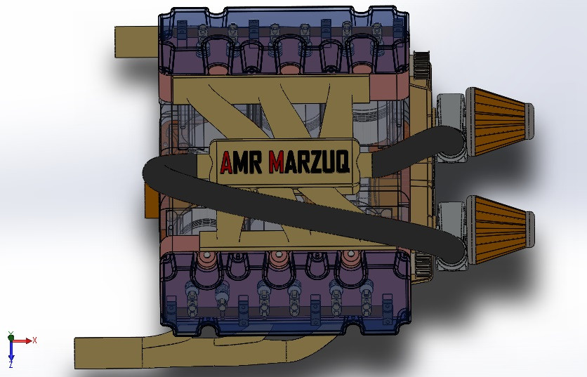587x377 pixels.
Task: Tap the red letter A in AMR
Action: [227, 163]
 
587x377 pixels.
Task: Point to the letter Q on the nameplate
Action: [341, 163]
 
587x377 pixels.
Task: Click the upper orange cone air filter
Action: [499, 119]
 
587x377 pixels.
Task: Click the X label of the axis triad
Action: [34, 340]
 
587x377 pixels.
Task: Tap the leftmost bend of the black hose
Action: [149, 173]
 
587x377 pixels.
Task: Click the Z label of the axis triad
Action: [11, 365]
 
